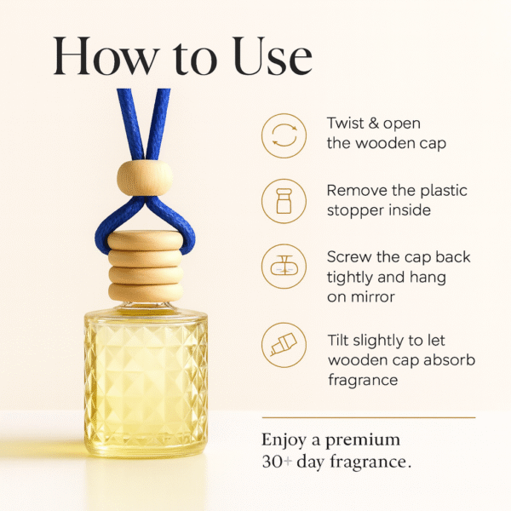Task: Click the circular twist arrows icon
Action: [x=283, y=135]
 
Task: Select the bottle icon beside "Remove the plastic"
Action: [x=283, y=200]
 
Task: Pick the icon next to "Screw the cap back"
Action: [x=283, y=266]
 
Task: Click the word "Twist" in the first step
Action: [x=346, y=124]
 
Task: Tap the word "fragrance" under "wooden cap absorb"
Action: [x=362, y=380]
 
